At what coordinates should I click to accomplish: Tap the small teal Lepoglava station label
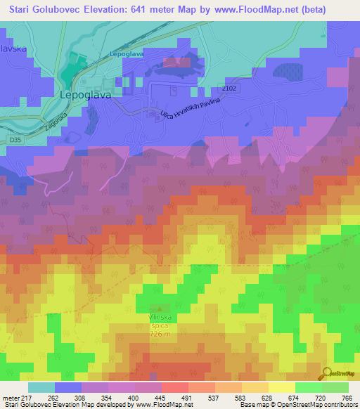click(127, 54)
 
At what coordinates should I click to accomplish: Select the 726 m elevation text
click(159, 335)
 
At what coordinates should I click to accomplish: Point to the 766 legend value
click(345, 397)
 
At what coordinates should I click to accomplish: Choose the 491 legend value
click(187, 397)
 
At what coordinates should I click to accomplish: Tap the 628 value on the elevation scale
click(266, 397)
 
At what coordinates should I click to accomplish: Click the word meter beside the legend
click(11, 397)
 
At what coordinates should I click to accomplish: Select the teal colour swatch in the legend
click(41, 387)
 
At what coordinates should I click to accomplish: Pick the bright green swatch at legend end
click(335, 387)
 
